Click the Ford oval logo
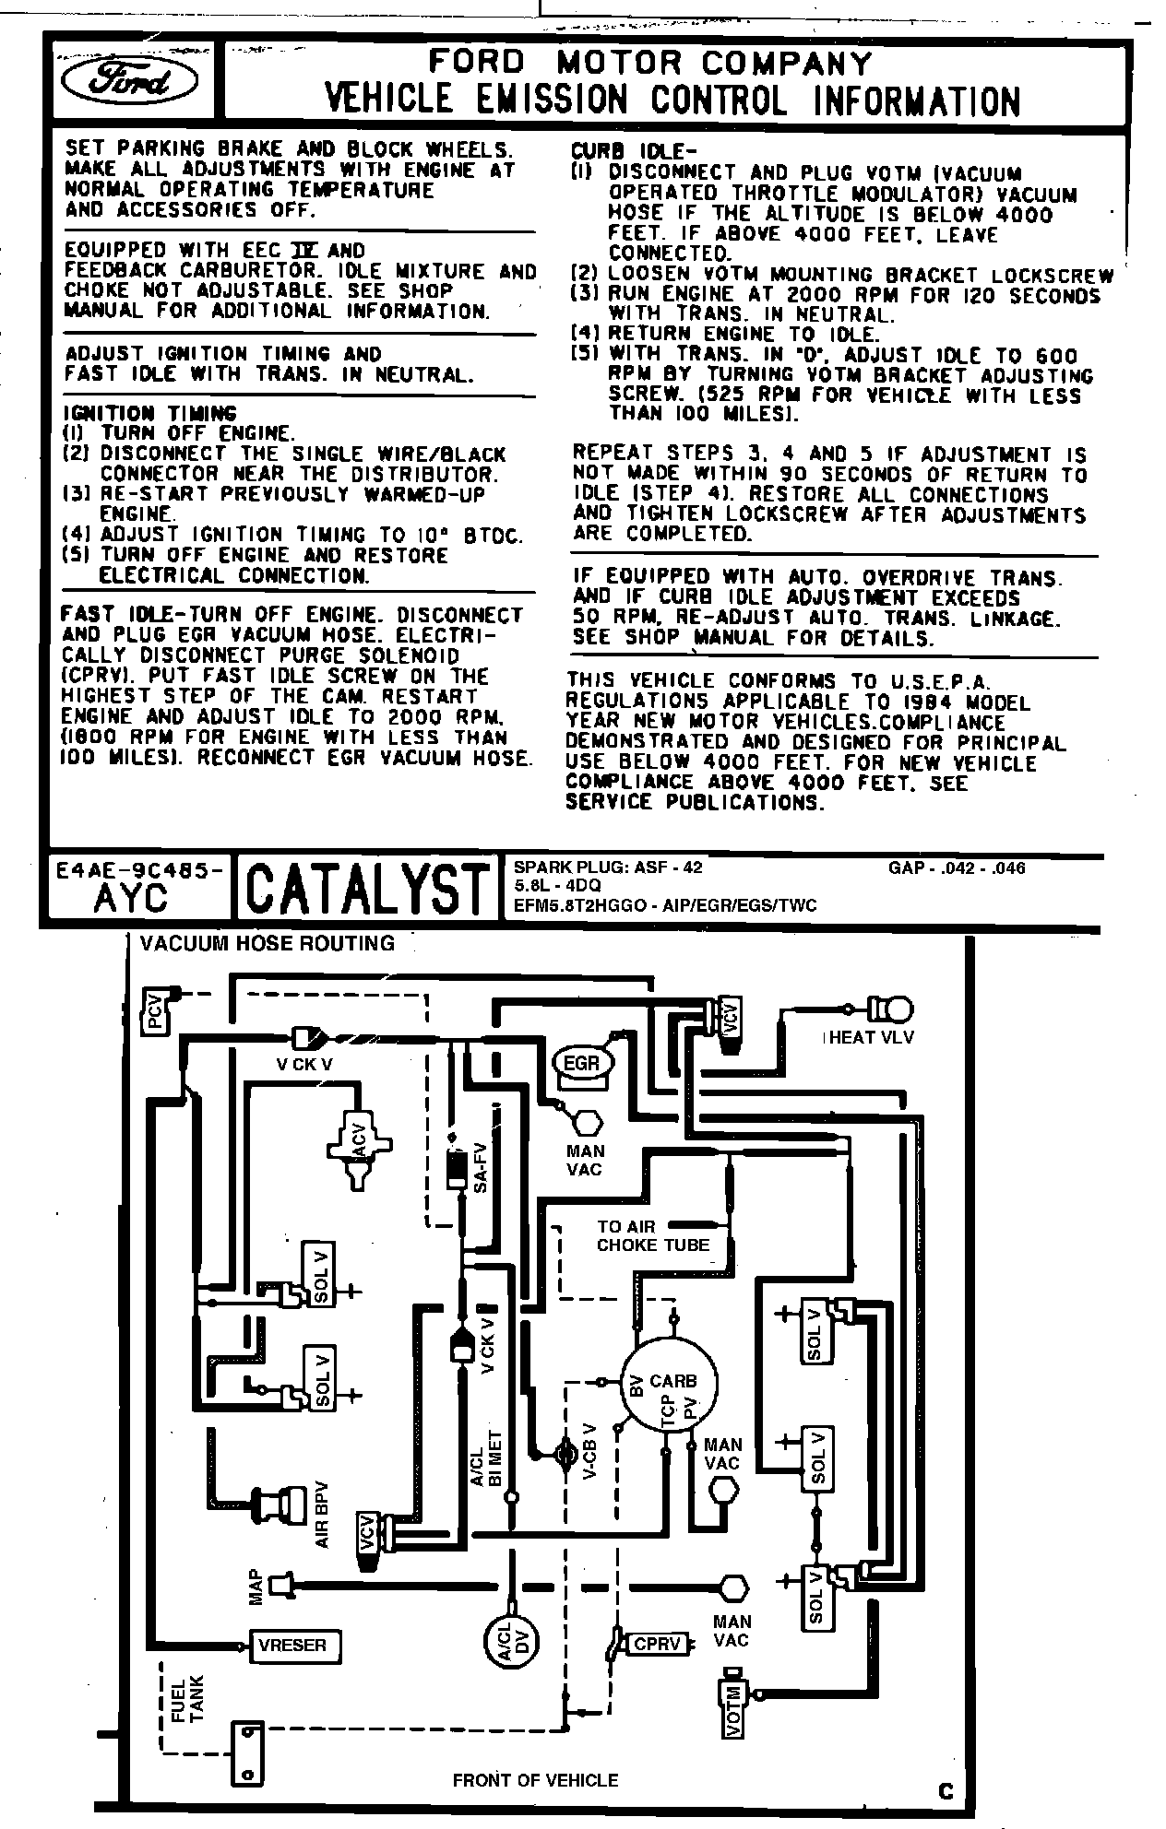tap(128, 81)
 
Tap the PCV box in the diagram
tap(154, 1010)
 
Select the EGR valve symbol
tap(581, 1064)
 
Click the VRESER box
tap(292, 1644)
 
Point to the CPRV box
tap(656, 1643)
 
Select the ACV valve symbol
tap(359, 1143)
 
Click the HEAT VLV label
tap(868, 1037)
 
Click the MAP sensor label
tap(256, 1585)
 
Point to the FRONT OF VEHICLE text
tap(535, 1779)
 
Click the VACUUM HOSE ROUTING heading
tap(267, 943)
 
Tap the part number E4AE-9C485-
tap(138, 868)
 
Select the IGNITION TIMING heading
tap(149, 414)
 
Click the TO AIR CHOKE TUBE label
tap(653, 1235)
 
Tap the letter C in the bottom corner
tap(946, 1792)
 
